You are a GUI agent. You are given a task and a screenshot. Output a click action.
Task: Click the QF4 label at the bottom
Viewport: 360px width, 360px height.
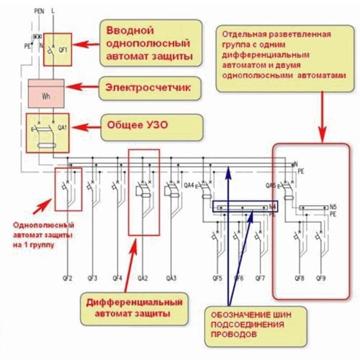[x=117, y=277]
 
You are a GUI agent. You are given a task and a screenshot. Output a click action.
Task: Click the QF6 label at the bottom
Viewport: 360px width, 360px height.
[x=239, y=277]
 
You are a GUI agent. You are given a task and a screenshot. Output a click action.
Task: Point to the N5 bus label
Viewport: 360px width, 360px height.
[x=333, y=207]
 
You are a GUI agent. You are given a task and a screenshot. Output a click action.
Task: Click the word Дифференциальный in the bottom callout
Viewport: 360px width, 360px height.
[x=134, y=302]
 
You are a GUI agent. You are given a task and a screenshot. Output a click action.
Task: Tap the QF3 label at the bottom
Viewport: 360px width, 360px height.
[x=92, y=277]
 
